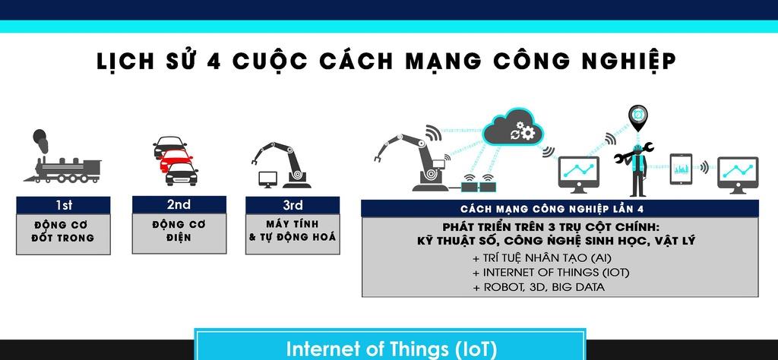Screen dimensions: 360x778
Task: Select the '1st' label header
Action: [x=63, y=204]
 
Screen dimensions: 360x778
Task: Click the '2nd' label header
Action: [x=179, y=204]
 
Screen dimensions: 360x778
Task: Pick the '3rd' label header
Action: [x=292, y=204]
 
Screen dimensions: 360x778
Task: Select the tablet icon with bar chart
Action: [x=680, y=168]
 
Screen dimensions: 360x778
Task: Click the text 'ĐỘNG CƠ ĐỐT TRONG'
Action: [x=63, y=231]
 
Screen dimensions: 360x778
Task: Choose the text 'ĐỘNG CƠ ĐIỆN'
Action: [x=179, y=231]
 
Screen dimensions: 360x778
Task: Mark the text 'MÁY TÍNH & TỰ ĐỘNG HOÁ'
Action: [x=292, y=231]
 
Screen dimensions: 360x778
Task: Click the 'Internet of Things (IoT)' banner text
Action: [x=391, y=349]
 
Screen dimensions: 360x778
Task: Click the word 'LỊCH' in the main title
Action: [x=125, y=61]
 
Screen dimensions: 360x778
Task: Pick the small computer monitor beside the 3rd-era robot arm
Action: [x=268, y=179]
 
